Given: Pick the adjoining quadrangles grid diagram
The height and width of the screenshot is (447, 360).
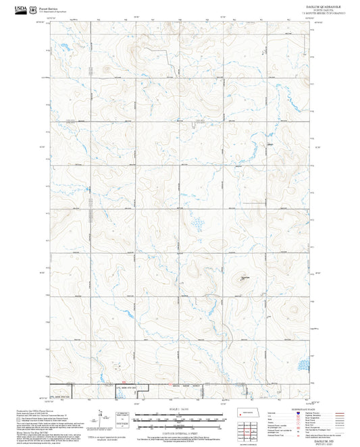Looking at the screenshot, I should pyautogui.click(x=251, y=432).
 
